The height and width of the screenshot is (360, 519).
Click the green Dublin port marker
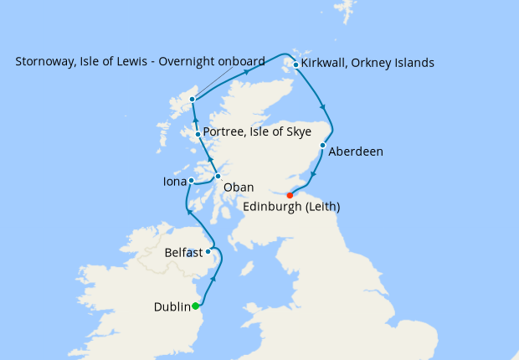point(196,306)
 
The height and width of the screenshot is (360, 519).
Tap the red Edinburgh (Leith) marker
point(290,195)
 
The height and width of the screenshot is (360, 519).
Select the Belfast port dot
point(208,251)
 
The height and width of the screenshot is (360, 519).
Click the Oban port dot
point(217,176)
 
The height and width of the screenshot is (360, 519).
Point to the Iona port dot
point(191,180)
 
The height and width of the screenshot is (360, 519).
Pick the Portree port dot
point(198,134)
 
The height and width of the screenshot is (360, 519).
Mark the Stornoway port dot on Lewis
point(192,100)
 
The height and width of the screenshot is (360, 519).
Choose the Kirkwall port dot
point(295,64)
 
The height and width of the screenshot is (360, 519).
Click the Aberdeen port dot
point(322,145)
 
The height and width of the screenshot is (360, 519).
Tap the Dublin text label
point(172,307)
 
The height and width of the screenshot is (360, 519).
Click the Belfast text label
point(183,252)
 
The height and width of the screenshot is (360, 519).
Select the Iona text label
point(174,181)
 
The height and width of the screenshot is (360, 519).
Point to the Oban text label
point(239,187)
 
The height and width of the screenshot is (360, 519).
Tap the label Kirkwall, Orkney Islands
point(368,63)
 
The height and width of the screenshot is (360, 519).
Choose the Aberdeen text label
point(356,152)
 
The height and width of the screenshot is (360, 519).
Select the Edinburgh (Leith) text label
point(290,206)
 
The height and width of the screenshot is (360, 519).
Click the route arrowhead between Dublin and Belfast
point(216,278)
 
